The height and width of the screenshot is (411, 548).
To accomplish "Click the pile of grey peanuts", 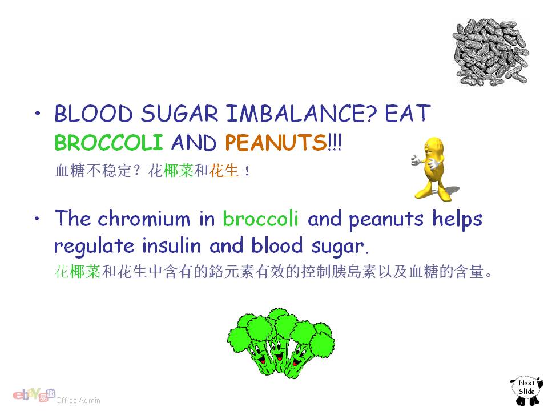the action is (491, 53).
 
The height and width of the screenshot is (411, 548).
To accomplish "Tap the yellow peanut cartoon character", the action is (433, 169).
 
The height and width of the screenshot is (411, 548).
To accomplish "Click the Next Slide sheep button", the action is (527, 390).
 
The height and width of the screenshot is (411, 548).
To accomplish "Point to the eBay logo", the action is (34, 395).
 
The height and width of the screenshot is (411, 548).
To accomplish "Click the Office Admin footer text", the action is (78, 401).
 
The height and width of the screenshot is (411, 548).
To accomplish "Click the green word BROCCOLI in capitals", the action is (108, 142).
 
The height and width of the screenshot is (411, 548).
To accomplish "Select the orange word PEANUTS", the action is (276, 142).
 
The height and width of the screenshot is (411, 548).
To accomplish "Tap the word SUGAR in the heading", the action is (180, 114).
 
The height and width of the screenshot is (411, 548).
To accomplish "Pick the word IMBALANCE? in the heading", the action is (301, 114).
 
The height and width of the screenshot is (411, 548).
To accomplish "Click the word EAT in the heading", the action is (408, 113).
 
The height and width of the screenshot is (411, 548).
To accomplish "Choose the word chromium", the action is (144, 219).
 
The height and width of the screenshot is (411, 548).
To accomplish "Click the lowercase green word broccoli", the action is (261, 219).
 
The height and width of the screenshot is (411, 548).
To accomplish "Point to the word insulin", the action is (172, 245).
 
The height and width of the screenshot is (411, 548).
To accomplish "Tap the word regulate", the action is (94, 247).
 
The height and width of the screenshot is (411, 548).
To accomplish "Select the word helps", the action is (457, 220).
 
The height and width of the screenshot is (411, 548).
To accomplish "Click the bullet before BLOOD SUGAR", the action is (38, 113).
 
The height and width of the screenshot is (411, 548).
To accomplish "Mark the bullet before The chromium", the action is (38, 219).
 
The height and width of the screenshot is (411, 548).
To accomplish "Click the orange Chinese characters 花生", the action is (224, 171).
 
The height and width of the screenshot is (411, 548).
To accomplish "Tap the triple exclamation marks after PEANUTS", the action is (335, 142).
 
